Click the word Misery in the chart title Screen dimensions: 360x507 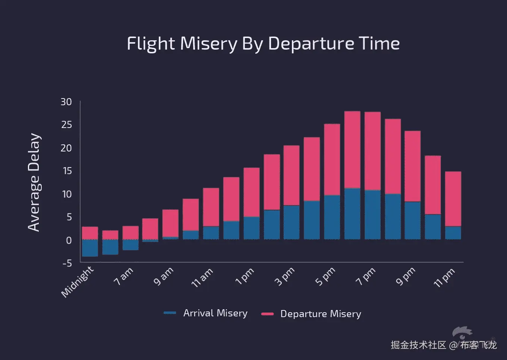[x=208, y=44]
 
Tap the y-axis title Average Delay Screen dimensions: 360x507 [x=34, y=182]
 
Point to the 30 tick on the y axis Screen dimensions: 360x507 [x=66, y=102]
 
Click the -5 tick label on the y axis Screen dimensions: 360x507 [x=67, y=263]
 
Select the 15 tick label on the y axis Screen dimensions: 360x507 [x=67, y=171]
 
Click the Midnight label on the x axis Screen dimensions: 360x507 [x=78, y=282]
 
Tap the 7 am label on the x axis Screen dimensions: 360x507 [x=123, y=276]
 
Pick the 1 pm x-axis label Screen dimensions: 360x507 [x=245, y=276]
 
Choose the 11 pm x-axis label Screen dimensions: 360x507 [x=444, y=278]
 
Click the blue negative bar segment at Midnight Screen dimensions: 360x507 [x=90, y=248]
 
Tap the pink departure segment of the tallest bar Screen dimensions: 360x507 [x=352, y=149]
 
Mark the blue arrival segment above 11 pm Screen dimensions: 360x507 [x=453, y=233]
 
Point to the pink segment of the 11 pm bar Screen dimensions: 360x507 [x=453, y=198]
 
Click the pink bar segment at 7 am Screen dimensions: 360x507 [x=130, y=232]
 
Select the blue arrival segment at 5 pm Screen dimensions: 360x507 [x=332, y=217]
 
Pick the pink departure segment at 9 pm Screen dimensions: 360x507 [x=413, y=166]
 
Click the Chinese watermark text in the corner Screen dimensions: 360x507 [x=444, y=345]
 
